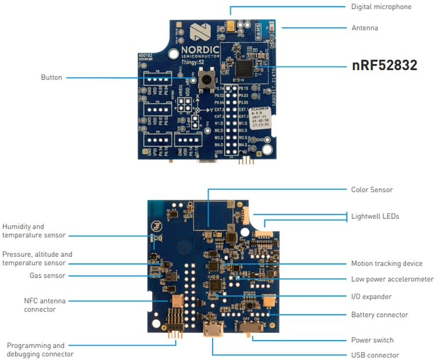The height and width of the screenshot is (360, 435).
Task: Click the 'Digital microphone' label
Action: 381,7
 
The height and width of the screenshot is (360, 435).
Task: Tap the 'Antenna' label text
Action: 365,28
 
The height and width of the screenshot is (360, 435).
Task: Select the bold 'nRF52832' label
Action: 384,66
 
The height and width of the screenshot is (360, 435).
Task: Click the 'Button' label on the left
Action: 51,77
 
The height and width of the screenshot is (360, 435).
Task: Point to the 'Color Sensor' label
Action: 372,190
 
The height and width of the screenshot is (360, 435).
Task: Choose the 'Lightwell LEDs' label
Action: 375,217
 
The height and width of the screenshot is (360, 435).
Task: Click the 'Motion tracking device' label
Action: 387,264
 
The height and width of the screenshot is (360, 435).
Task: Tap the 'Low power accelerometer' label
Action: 392,279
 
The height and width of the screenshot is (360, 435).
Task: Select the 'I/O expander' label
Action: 371,297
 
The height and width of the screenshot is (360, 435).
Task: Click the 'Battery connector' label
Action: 379,315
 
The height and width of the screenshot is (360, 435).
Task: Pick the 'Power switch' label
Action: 372,340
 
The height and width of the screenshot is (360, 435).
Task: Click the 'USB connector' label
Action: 375,355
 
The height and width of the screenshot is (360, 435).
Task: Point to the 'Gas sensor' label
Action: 47,276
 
